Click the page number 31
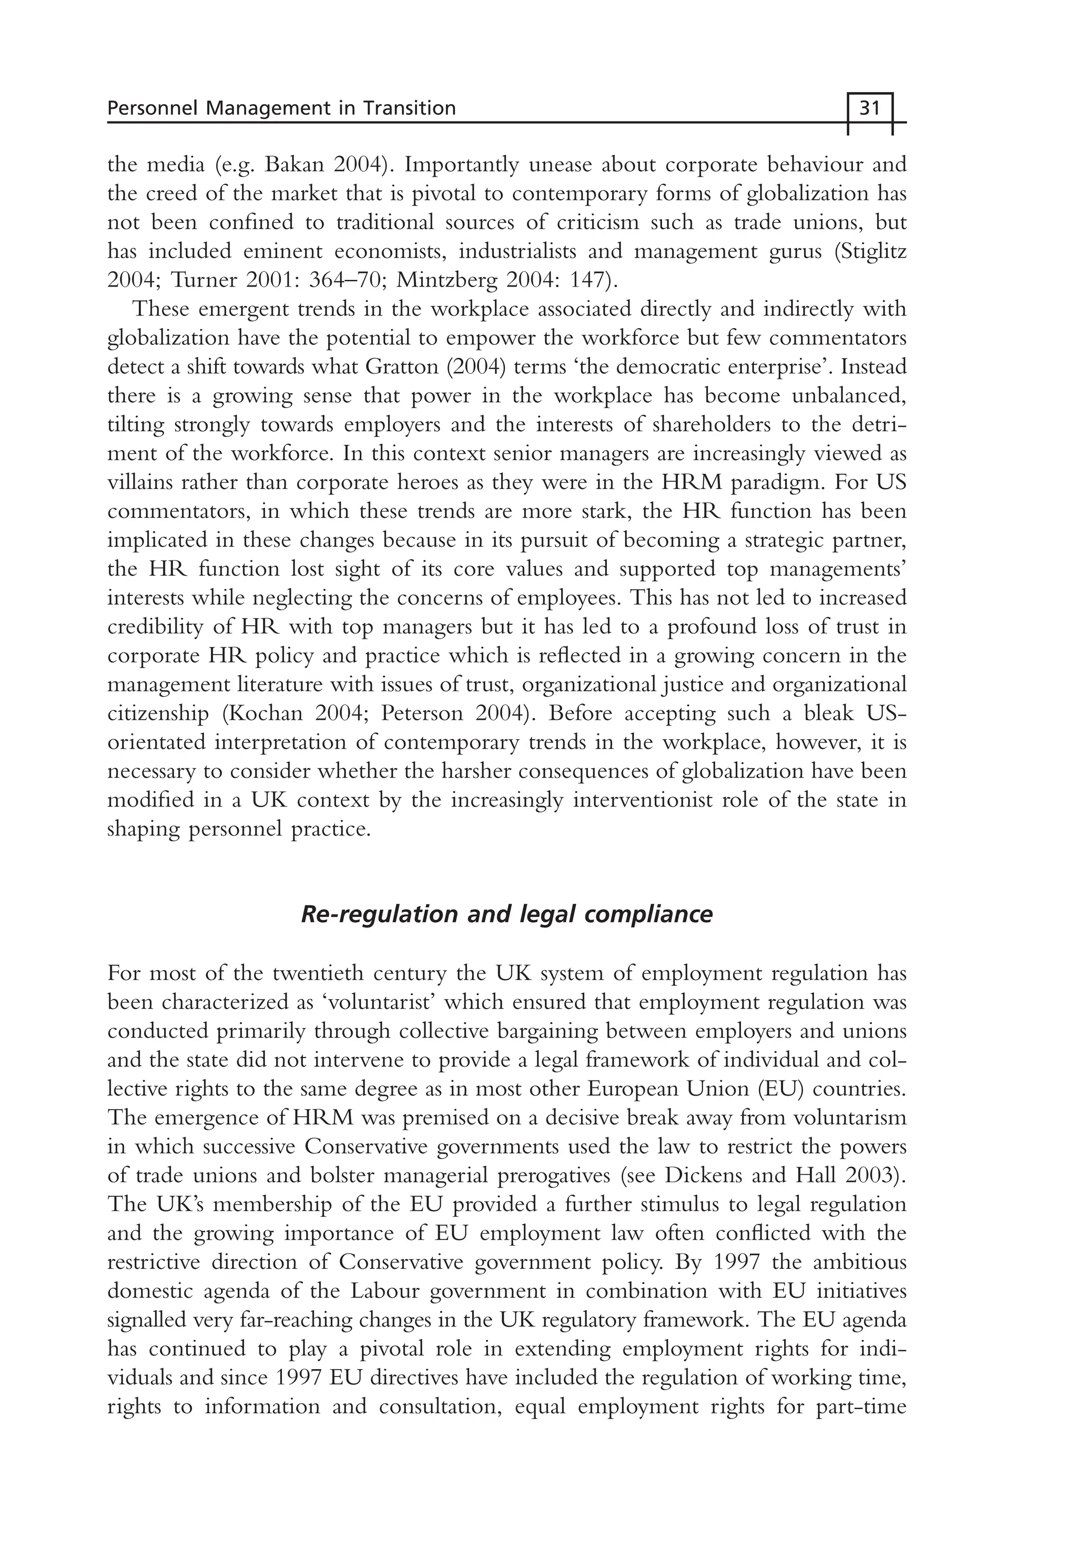tap(870, 108)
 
